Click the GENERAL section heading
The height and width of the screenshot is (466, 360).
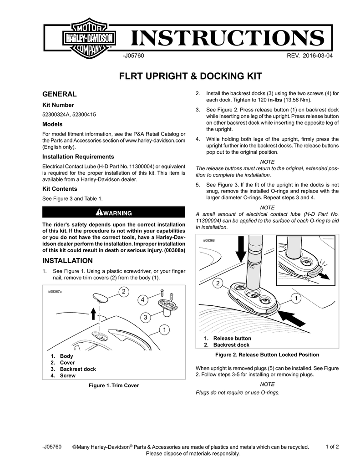tap(59, 94)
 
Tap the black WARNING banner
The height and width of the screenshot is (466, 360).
tap(114, 213)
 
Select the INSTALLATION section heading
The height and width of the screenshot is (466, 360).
tap(67, 261)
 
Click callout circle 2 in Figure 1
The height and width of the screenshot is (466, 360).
tap(123, 291)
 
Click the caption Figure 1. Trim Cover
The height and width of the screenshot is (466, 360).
tap(113, 385)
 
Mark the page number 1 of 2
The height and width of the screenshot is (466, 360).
tap(332, 446)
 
